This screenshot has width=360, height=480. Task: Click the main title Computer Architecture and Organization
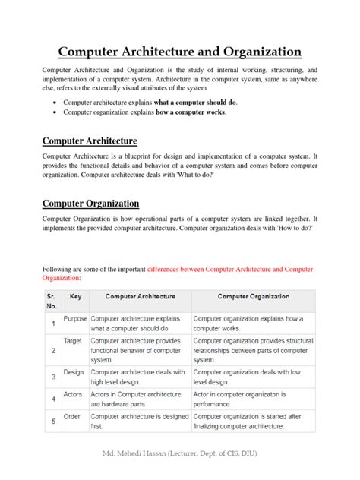180,52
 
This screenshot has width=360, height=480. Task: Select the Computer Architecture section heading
90,141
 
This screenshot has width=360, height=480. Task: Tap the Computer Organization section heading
90,203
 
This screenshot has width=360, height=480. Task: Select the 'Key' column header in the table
75,297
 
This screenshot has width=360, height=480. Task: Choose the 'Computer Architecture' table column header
141,297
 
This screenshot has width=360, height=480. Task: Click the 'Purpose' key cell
75,319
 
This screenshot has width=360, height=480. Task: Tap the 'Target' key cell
73,341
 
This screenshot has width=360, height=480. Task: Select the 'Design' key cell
74,372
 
